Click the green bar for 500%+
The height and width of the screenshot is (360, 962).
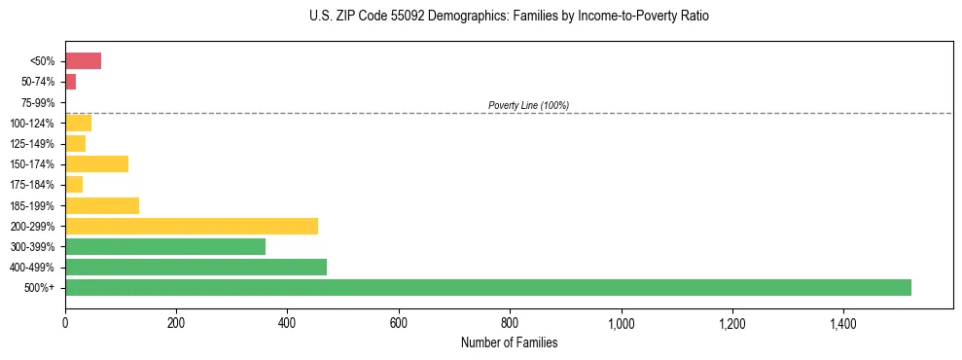tap(487, 287)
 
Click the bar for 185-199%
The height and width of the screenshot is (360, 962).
tap(101, 205)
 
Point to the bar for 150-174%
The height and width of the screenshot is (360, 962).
tap(96, 163)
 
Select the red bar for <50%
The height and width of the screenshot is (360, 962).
tap(83, 61)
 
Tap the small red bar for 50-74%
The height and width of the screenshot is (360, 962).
tap(70, 82)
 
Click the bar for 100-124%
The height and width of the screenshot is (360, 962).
tap(78, 123)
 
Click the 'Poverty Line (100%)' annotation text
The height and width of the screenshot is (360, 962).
tap(528, 105)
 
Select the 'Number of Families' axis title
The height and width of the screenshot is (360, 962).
tap(509, 342)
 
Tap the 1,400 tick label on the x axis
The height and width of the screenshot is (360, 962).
tap(842, 323)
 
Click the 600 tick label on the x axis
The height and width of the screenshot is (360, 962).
tap(398, 323)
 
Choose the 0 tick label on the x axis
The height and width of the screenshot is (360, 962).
tap(65, 323)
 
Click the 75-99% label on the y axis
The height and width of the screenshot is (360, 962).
tap(38, 102)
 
